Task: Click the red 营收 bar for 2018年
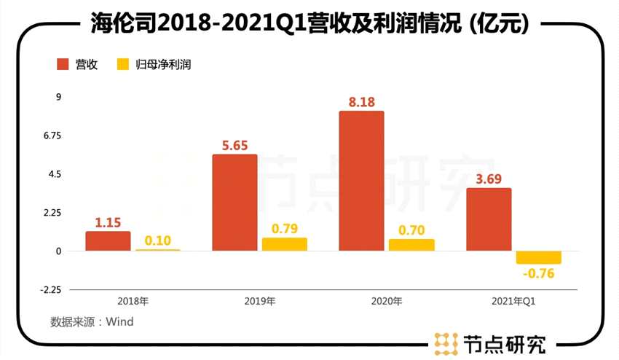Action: click(x=108, y=241)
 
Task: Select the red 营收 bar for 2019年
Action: click(x=234, y=203)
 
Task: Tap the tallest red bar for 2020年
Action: click(x=361, y=181)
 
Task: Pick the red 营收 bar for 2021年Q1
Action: click(x=489, y=219)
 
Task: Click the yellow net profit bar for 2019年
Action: click(x=285, y=244)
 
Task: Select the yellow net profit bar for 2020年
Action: click(x=411, y=245)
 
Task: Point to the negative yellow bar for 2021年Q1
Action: click(x=539, y=257)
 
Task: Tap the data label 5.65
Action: click(x=234, y=145)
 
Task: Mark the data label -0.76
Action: click(x=538, y=274)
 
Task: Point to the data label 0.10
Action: click(x=158, y=240)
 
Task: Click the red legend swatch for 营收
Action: click(x=63, y=64)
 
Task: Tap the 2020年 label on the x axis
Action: click(x=386, y=301)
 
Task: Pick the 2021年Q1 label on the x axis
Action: click(x=513, y=301)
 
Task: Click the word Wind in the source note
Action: click(x=121, y=321)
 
